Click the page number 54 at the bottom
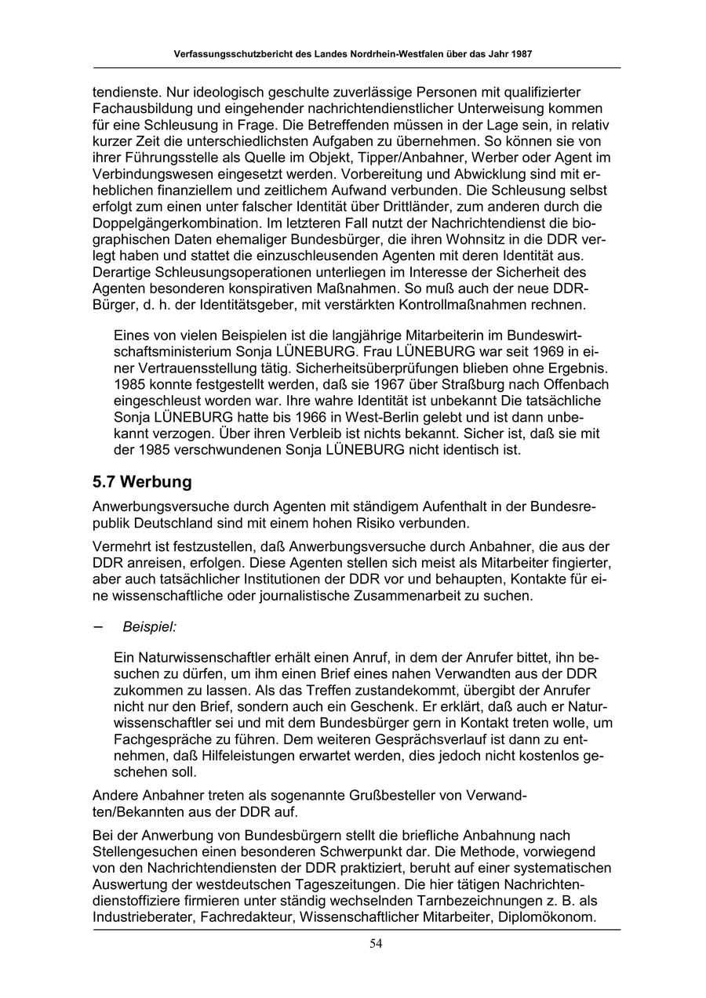tap(376, 943)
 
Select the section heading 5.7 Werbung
tap(142, 481)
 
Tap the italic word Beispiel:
tap(150, 627)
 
